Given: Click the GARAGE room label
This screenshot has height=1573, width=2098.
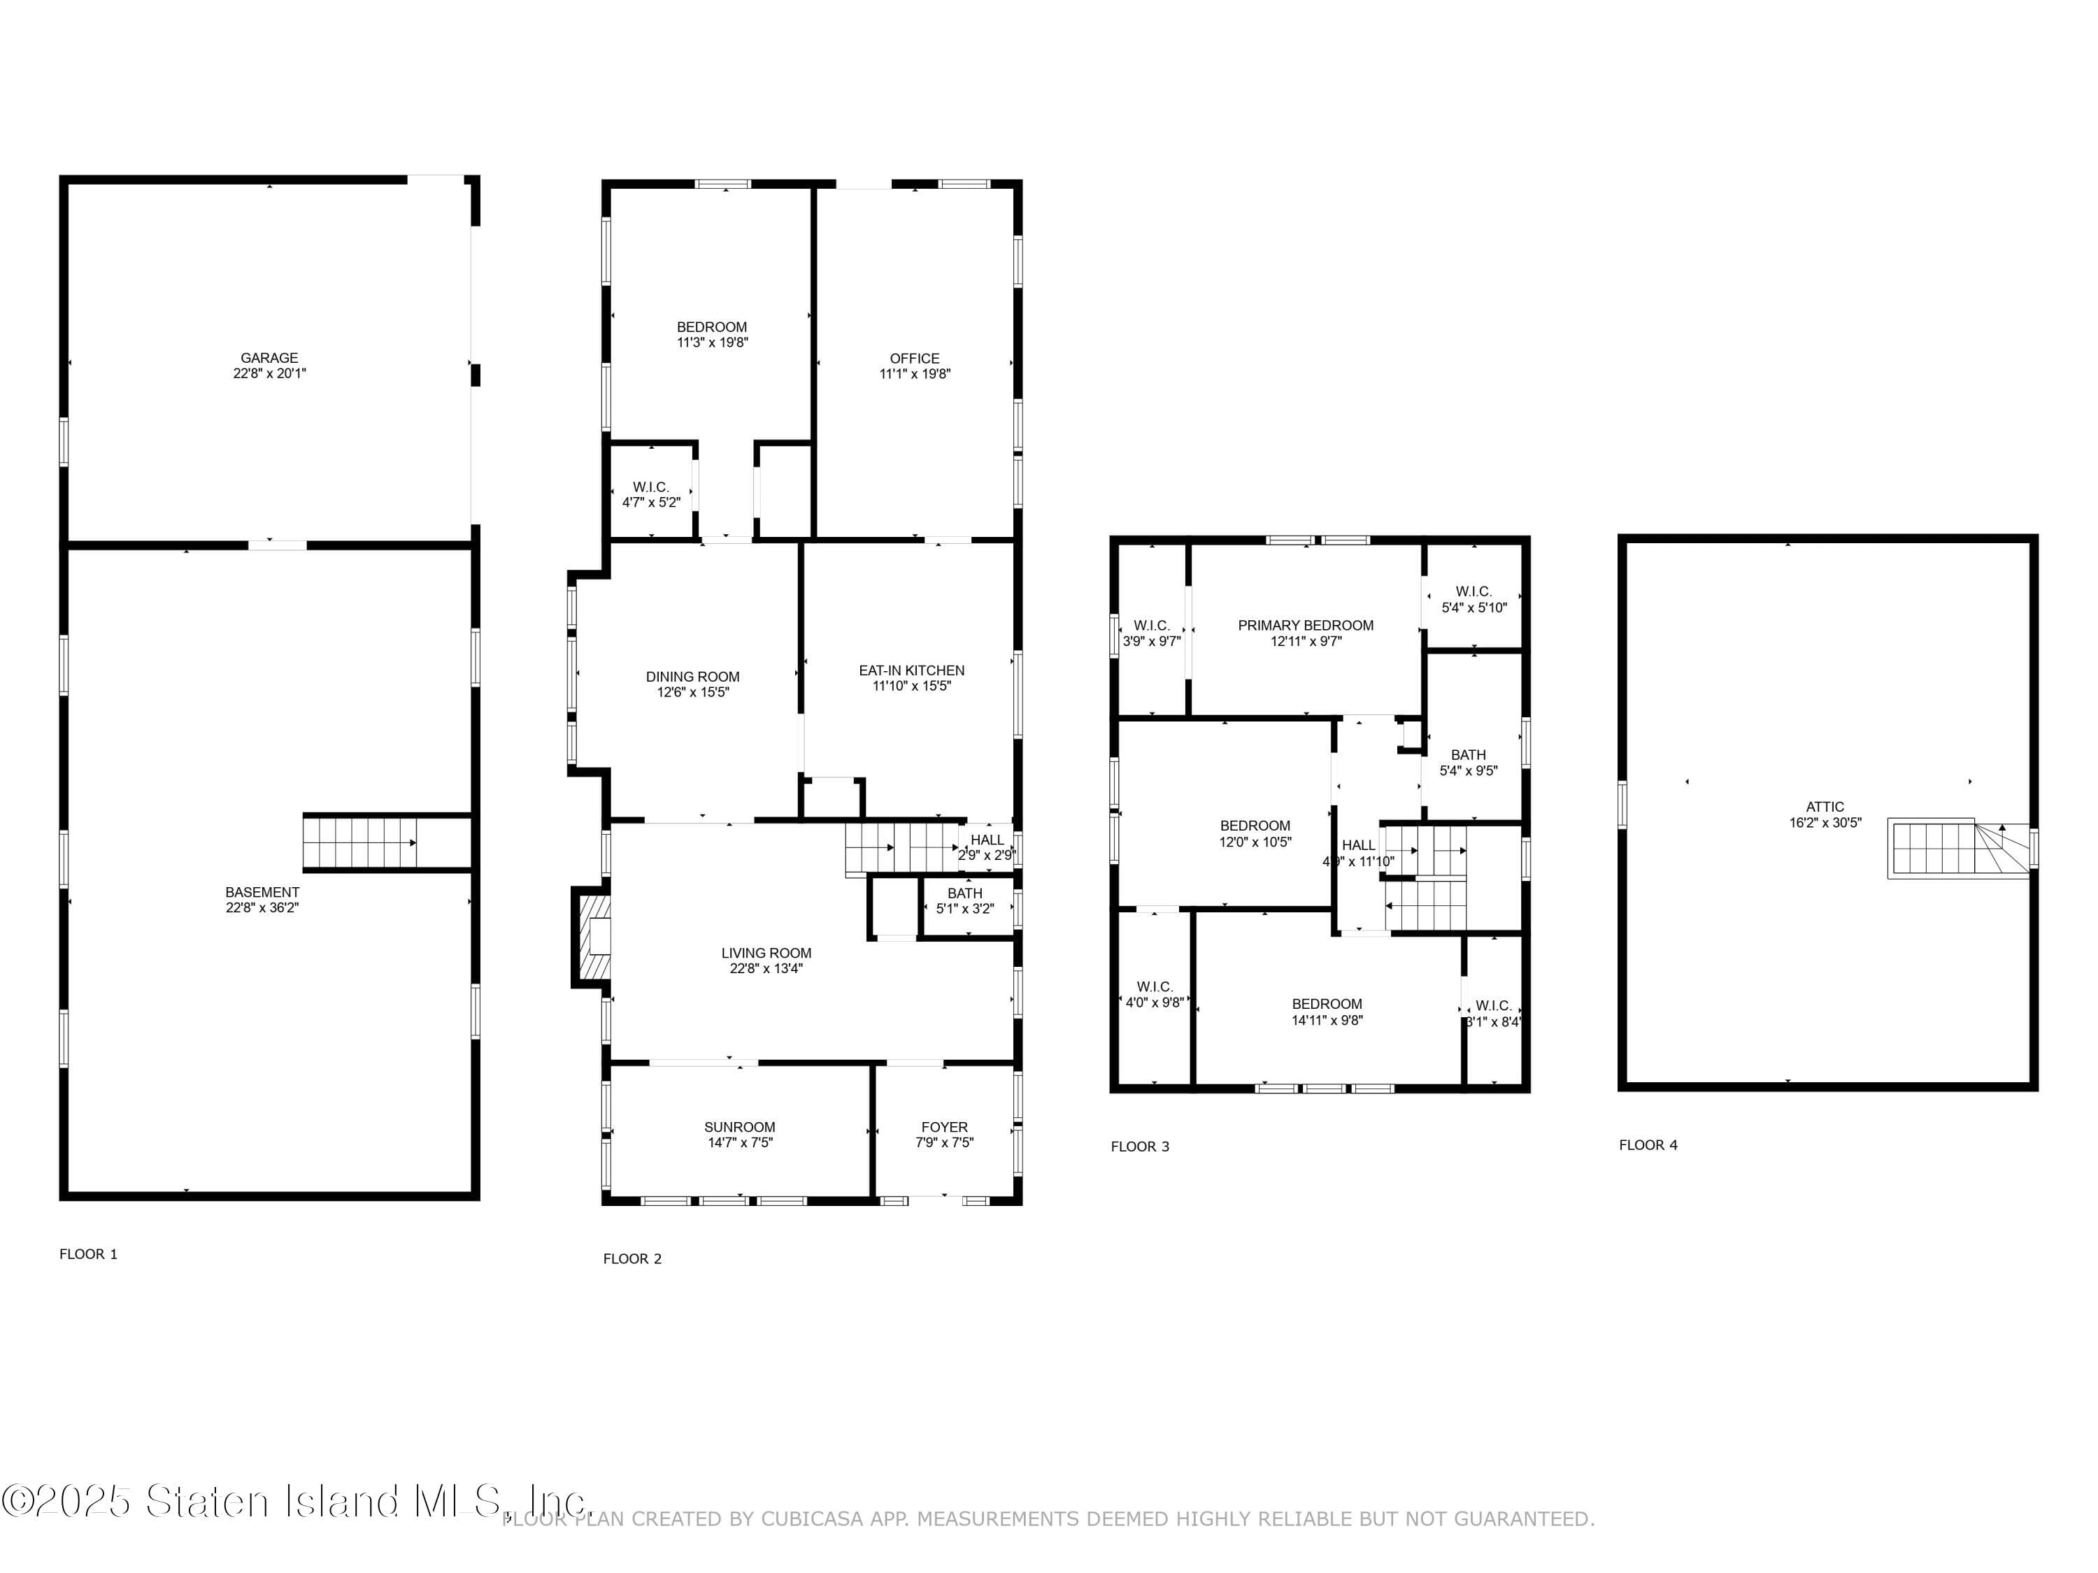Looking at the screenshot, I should [269, 357].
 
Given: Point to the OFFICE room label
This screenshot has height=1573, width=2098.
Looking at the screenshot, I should [914, 359].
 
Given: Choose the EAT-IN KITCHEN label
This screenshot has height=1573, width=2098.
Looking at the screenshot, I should [911, 670].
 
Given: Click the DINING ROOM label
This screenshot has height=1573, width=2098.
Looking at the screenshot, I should [692, 676].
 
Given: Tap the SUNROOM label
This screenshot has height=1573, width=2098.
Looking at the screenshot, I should [740, 1126].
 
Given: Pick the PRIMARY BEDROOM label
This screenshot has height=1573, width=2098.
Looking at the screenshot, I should [1305, 625].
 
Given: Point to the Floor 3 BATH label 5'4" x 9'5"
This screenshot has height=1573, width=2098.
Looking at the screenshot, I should [1468, 762].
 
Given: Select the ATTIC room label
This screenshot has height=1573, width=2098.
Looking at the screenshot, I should [1825, 807].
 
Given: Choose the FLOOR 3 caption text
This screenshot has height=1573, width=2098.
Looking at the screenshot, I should [1140, 1147].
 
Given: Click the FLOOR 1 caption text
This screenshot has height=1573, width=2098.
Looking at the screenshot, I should [88, 1254].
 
